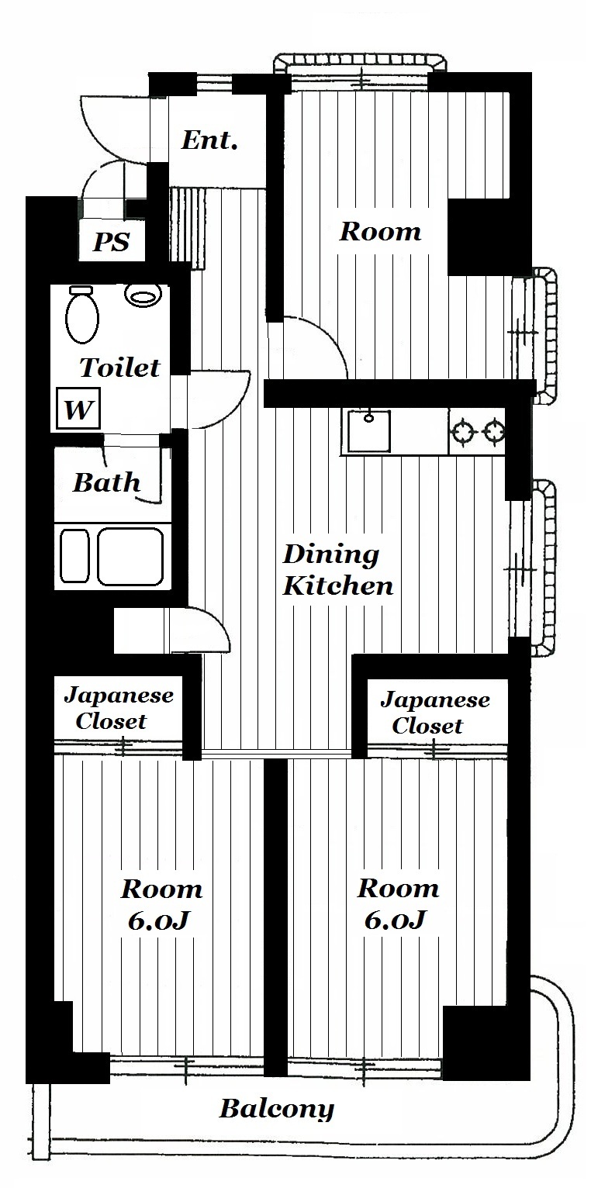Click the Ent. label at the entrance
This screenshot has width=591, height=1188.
coord(209,140)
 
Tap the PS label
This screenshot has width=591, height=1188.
coord(112,242)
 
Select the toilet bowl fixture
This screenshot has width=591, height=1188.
coord(82,315)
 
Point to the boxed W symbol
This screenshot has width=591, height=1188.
coord(78,409)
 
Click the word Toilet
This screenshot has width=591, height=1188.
coord(120,368)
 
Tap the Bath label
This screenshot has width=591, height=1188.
coord(106,482)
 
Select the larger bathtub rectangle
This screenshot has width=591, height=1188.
coord(130,556)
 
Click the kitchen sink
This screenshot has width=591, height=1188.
coord(368,431)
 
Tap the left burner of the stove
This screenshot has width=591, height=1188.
coord(461,431)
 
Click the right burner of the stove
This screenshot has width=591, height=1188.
coord(494,431)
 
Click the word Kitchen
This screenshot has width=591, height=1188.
coord(338,586)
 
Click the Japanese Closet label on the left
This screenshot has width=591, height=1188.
coord(119,708)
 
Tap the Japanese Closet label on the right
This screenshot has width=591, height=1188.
coord(435,713)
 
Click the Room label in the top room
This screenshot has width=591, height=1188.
coord(380,232)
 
